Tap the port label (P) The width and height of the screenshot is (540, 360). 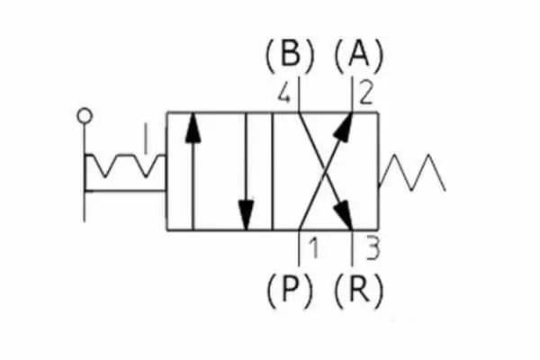289,289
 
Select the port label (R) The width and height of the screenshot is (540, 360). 358,289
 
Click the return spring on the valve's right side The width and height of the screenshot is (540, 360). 412,172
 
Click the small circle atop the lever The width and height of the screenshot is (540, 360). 85,115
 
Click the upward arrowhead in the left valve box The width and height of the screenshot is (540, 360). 191,126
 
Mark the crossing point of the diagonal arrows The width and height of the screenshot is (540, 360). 324,172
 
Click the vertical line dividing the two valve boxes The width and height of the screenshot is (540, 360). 272,172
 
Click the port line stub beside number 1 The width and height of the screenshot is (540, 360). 300,247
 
